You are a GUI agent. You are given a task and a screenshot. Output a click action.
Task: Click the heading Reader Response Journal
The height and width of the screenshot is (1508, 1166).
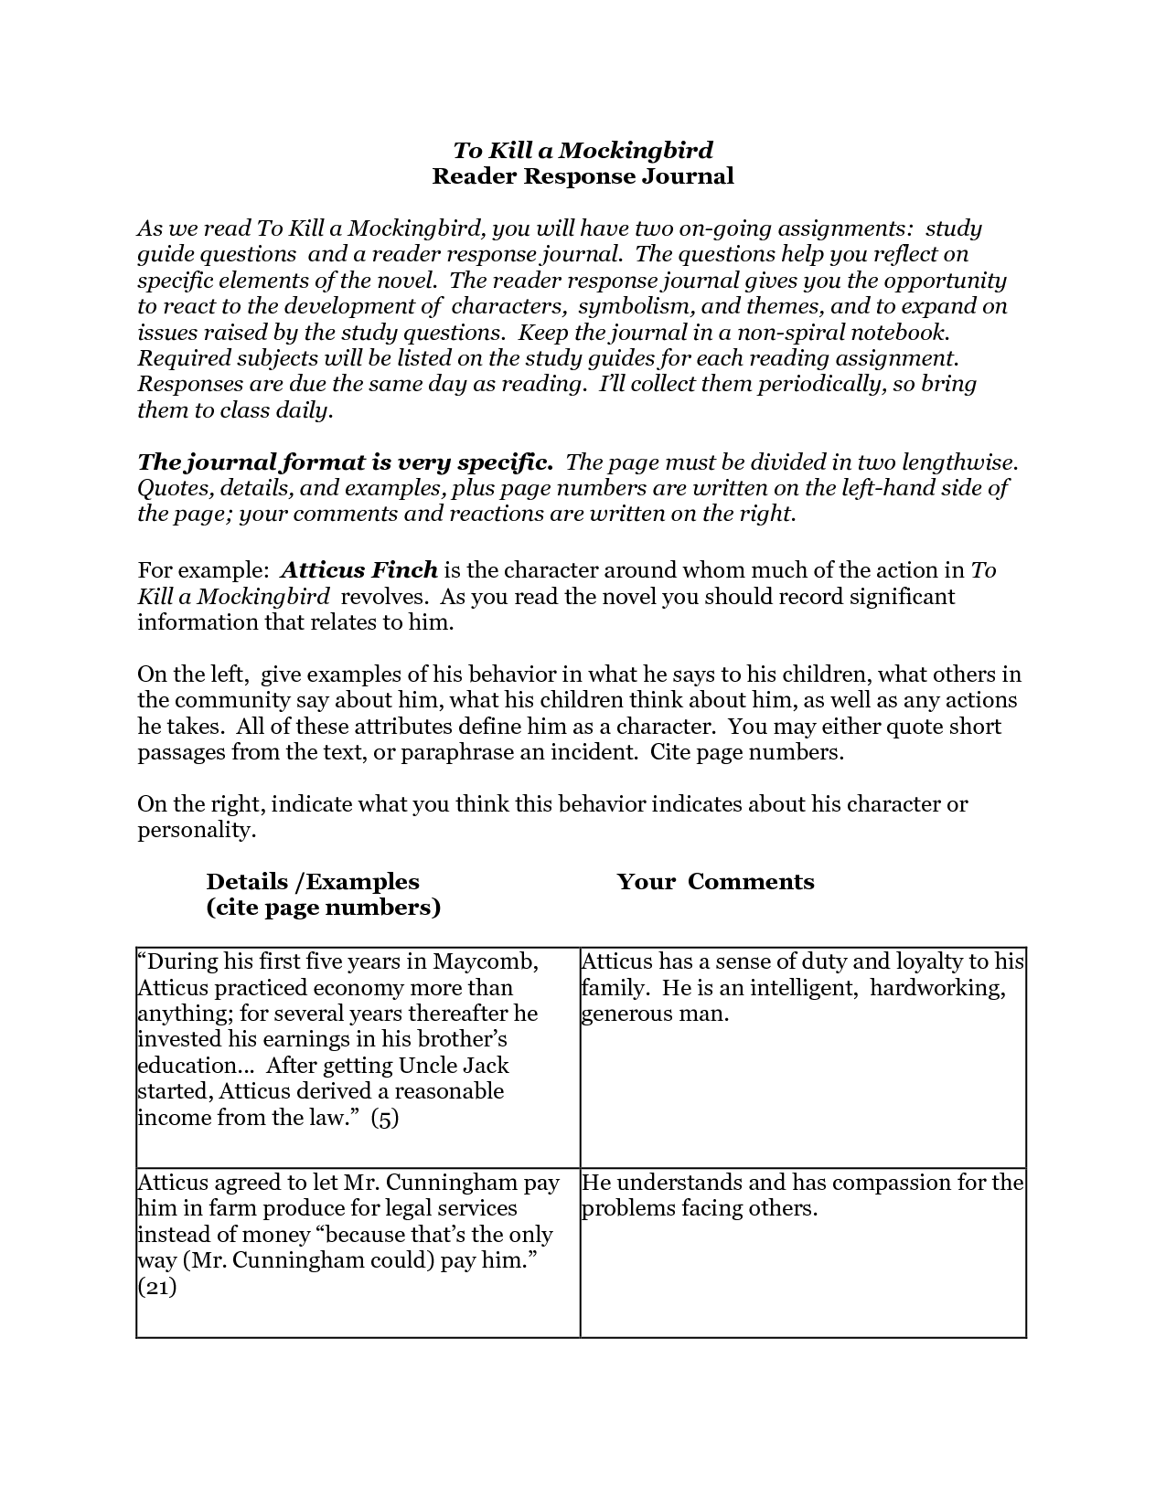click(583, 176)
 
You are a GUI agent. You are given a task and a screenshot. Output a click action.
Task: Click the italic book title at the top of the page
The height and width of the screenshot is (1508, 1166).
click(583, 150)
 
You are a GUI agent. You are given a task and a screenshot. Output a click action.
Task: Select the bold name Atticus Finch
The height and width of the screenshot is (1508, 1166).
click(359, 571)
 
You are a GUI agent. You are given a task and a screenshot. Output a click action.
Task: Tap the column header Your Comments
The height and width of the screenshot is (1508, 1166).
click(715, 882)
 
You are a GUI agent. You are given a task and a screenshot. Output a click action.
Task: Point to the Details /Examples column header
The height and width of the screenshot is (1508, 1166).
click(313, 882)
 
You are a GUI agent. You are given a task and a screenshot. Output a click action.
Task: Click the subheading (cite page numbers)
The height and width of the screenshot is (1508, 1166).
click(324, 908)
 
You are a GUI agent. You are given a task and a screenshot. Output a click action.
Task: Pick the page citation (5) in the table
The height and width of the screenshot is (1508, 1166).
click(385, 1118)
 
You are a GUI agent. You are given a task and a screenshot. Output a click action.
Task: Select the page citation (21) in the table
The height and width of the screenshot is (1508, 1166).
click(156, 1287)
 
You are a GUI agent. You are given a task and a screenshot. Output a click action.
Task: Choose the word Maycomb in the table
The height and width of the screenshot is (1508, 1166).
click(485, 962)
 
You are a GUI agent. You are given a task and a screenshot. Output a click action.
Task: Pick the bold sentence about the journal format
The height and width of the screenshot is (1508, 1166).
click(345, 462)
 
